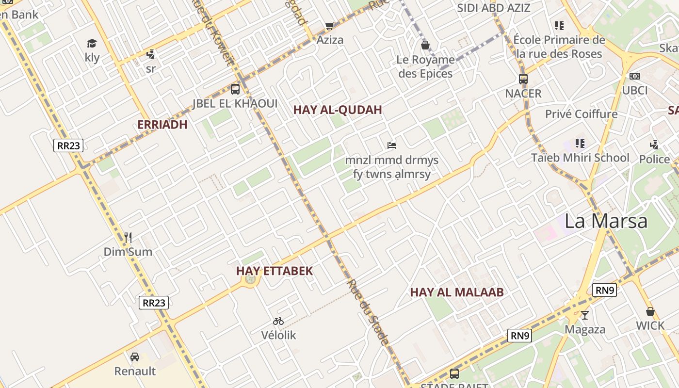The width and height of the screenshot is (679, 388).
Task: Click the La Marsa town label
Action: point(606,221)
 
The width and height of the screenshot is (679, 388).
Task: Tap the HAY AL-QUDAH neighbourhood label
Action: point(338,110)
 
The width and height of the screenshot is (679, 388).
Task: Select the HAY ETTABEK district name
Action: point(275,271)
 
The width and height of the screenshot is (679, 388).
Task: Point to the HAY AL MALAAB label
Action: point(457,292)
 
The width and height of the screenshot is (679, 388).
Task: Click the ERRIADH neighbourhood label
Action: point(162,125)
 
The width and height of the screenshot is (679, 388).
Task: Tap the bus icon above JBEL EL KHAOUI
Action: point(235,89)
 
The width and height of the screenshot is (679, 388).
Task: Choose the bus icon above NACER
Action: point(523,79)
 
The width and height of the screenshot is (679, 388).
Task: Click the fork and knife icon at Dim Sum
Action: point(128,237)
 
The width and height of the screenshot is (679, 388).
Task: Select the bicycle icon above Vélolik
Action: point(278,321)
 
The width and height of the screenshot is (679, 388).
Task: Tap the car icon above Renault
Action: point(135,357)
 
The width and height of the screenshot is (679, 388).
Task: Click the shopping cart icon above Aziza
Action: point(330,26)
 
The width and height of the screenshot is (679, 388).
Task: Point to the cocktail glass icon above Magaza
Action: point(585,315)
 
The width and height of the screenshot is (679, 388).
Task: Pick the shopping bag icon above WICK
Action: point(650,311)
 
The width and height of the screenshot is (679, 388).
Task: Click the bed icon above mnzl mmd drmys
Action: point(392,145)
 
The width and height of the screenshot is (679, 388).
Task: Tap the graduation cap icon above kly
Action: point(92,44)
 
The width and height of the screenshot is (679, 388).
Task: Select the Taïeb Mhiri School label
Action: point(580,158)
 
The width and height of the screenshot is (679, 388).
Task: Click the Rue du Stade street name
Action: point(368,312)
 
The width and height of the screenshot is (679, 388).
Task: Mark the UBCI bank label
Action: point(635,90)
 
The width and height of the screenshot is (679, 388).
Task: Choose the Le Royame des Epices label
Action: point(425,67)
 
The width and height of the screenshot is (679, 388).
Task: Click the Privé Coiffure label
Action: point(581,114)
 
